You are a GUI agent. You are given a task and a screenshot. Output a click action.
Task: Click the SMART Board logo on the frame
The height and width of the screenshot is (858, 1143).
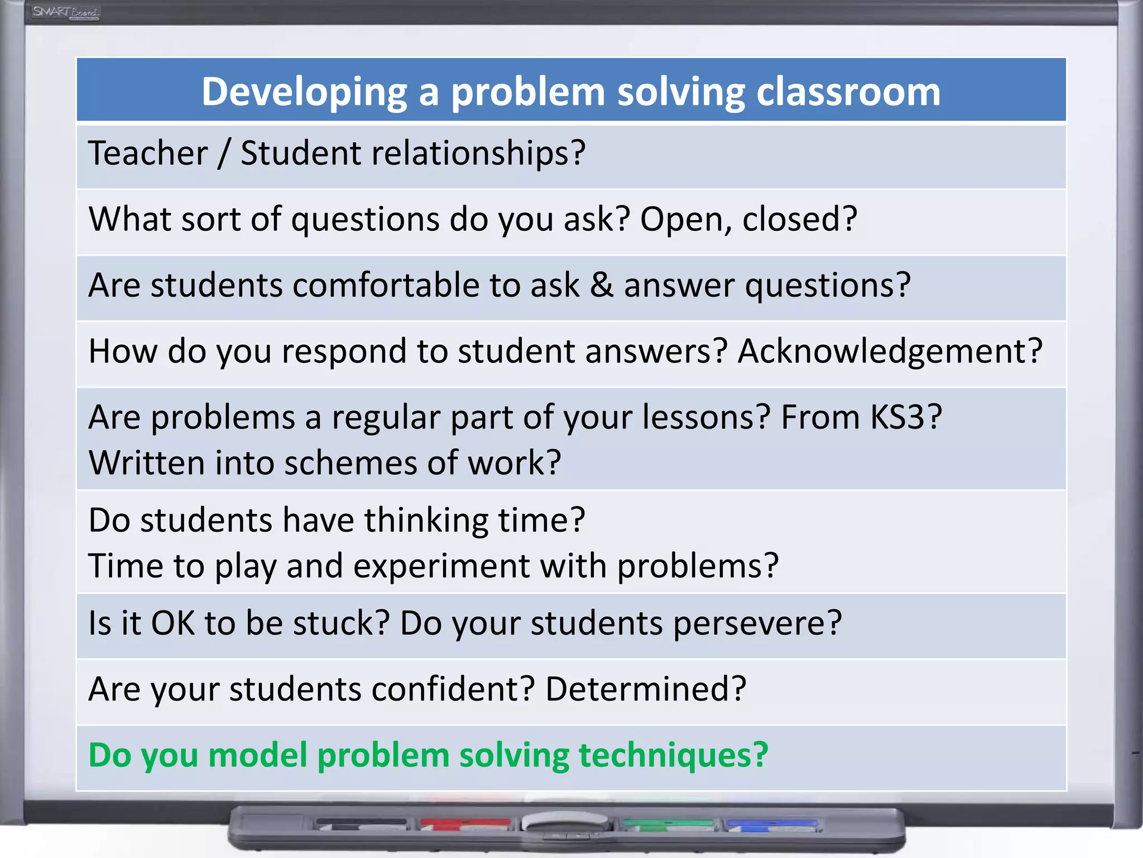pyautogui.click(x=65, y=12)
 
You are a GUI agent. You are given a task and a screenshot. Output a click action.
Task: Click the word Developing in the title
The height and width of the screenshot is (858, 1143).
pyautogui.click(x=304, y=92)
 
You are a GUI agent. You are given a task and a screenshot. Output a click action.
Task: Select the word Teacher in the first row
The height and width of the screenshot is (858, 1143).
pyautogui.click(x=148, y=153)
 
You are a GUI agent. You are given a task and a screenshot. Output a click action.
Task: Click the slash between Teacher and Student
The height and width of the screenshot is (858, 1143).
pyautogui.click(x=224, y=154)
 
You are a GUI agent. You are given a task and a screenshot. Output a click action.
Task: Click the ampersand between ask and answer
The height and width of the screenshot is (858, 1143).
pyautogui.click(x=602, y=285)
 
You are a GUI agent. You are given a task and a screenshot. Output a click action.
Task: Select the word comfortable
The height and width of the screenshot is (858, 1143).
pyautogui.click(x=386, y=285)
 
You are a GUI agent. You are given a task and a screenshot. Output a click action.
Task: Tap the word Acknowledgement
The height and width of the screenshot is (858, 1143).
pyautogui.click(x=890, y=352)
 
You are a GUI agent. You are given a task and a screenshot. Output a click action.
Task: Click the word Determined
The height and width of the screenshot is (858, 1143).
pyautogui.click(x=645, y=689)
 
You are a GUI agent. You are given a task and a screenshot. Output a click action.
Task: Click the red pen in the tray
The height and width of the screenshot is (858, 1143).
pyautogui.click(x=465, y=823)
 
